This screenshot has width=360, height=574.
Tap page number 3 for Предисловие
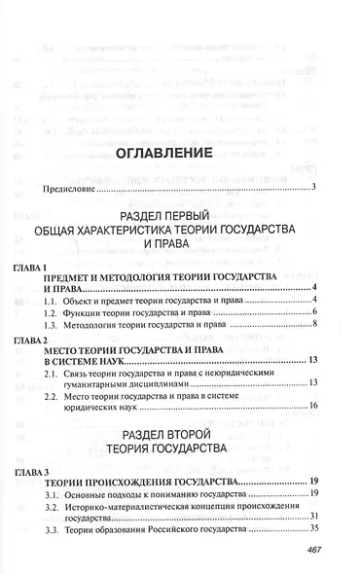click(315, 189)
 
